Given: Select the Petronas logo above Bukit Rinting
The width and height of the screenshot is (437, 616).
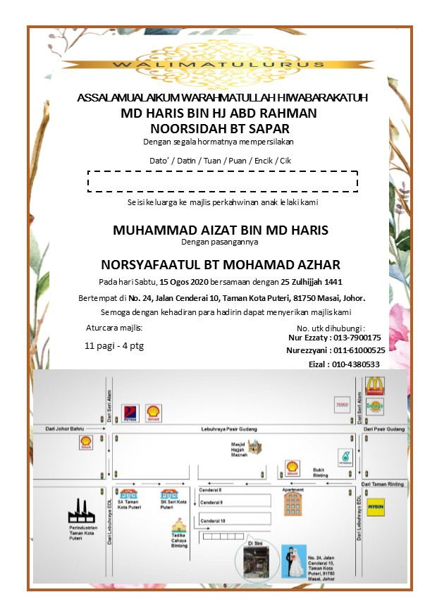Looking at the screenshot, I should click(345, 457).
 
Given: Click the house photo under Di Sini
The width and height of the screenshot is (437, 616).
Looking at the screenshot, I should click(252, 562).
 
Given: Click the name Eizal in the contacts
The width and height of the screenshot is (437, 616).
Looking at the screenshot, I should click(321, 364).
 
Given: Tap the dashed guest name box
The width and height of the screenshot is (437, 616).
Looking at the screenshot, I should click(222, 180).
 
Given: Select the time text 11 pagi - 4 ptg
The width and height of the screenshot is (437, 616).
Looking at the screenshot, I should click(114, 346).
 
